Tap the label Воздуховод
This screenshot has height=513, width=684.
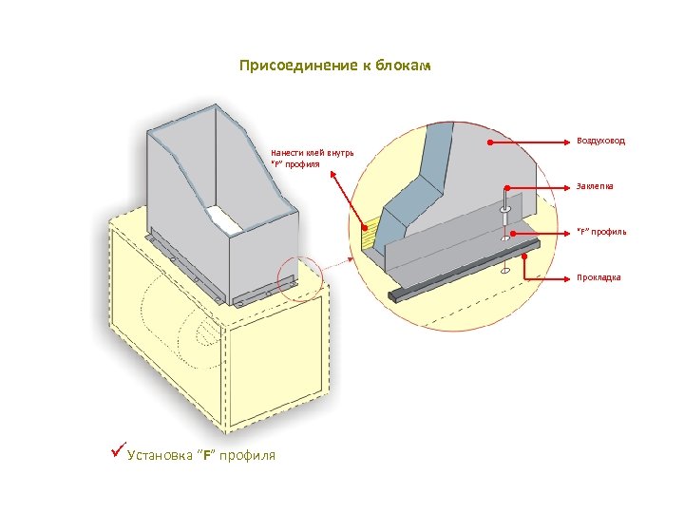click(x=600, y=141)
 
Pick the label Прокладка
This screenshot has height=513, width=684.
click(x=598, y=277)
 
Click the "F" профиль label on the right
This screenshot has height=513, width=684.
click(x=601, y=232)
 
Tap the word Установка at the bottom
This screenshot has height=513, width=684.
click(x=159, y=456)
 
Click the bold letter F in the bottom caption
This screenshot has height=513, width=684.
click(x=207, y=456)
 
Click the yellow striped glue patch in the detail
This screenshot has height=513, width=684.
click(x=369, y=234)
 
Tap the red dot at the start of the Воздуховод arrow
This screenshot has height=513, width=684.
click(x=489, y=142)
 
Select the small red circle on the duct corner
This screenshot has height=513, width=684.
click(x=299, y=282)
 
